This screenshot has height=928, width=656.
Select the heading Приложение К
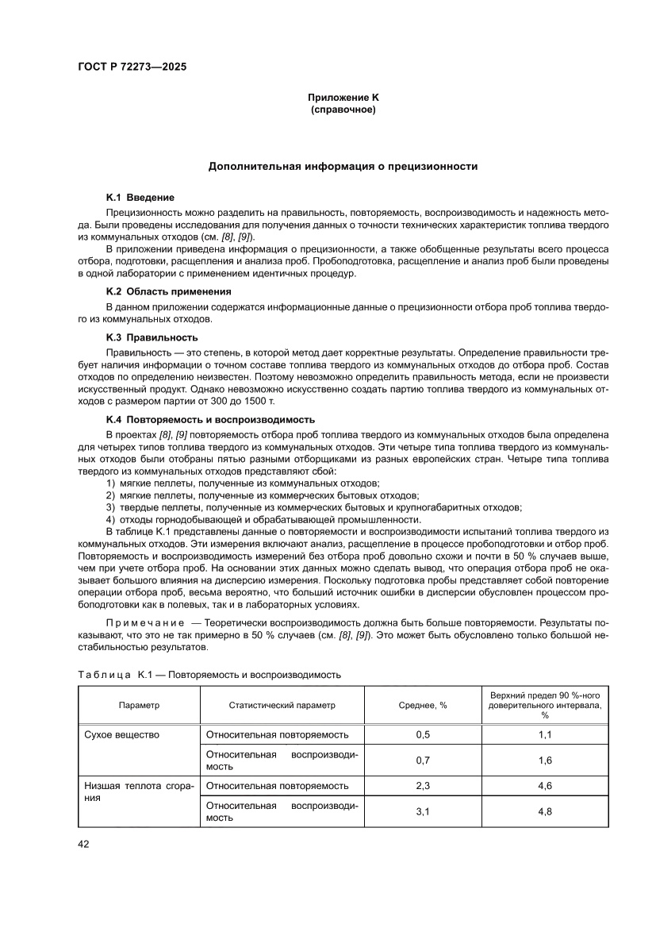pyautogui.click(x=343, y=97)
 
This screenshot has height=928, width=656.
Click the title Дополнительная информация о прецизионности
pyautogui.click(x=343, y=167)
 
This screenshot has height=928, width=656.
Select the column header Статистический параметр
pyautogui.click(x=282, y=705)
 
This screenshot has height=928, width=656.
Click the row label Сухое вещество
pyautogui.click(x=122, y=734)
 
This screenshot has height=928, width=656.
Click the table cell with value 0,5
pyautogui.click(x=422, y=734)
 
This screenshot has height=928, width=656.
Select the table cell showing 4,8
pyautogui.click(x=544, y=811)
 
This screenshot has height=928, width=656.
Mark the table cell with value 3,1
pyautogui.click(x=422, y=811)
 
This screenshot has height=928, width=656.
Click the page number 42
pyautogui.click(x=83, y=844)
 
